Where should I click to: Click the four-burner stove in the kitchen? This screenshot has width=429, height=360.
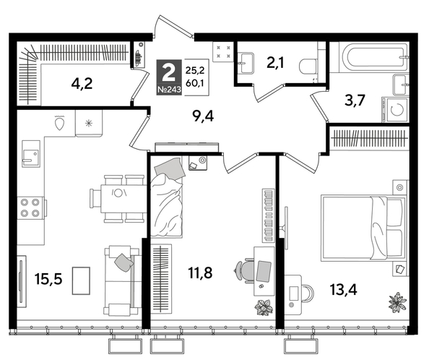coord(30,207)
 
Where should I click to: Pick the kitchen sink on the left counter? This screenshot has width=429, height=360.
coord(30,154)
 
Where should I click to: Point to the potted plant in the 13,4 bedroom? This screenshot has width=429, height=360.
coord(396,299)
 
